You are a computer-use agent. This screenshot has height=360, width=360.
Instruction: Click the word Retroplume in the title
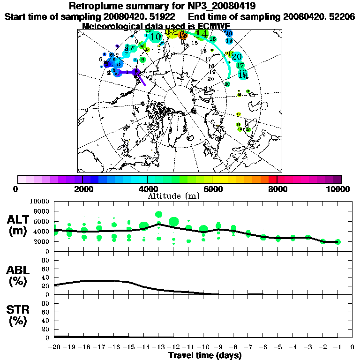tap(96, 6)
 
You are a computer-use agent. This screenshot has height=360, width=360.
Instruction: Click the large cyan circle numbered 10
tap(156, 36)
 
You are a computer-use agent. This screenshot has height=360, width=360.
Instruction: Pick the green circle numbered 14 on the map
tap(202, 33)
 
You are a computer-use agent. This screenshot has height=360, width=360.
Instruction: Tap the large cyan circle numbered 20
tap(236, 56)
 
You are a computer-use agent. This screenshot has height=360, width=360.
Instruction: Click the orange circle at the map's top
tap(183, 35)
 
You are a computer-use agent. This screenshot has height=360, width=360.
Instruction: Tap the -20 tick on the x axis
tap(54, 348)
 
